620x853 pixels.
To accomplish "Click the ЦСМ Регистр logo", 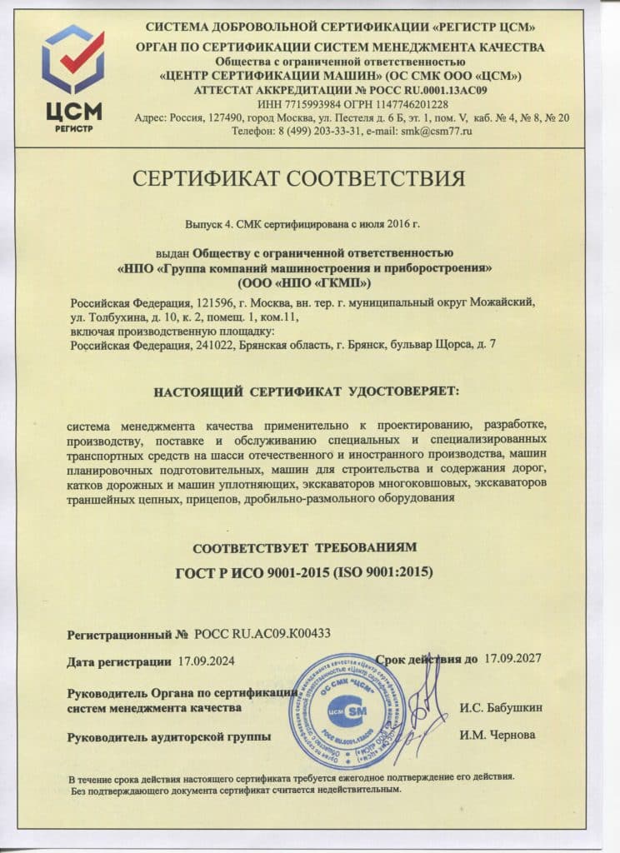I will pos(73,79).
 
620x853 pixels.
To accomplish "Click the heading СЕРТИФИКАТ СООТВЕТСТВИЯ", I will pos(310,178).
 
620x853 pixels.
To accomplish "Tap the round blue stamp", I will pos(347,711).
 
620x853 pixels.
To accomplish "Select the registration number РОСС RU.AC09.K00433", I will pos(262,633).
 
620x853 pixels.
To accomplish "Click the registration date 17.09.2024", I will pos(207,661).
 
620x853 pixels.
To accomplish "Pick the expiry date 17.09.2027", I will pos(512,659).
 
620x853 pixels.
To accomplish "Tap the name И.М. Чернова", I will pos(497,736).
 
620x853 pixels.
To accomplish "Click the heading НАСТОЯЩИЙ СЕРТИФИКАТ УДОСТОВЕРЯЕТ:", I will pos(306,390).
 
